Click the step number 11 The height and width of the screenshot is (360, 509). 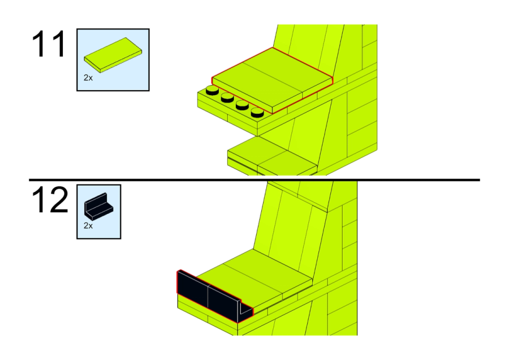click(49, 45)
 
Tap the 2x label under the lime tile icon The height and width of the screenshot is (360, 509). click(88, 78)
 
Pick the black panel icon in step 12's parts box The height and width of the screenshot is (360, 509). click(98, 205)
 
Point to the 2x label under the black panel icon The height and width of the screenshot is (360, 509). click(88, 225)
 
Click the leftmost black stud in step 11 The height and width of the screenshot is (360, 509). click(213, 90)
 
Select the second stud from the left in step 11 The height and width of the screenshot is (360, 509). click(227, 97)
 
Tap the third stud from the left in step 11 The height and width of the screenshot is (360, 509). click(242, 105)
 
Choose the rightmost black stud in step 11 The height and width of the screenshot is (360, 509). click(257, 112)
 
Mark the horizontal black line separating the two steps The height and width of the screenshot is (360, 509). click(255, 180)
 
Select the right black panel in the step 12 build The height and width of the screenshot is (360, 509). click(222, 304)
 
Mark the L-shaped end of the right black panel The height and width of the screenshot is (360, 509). click(245, 310)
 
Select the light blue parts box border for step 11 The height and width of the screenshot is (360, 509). click(77, 59)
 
